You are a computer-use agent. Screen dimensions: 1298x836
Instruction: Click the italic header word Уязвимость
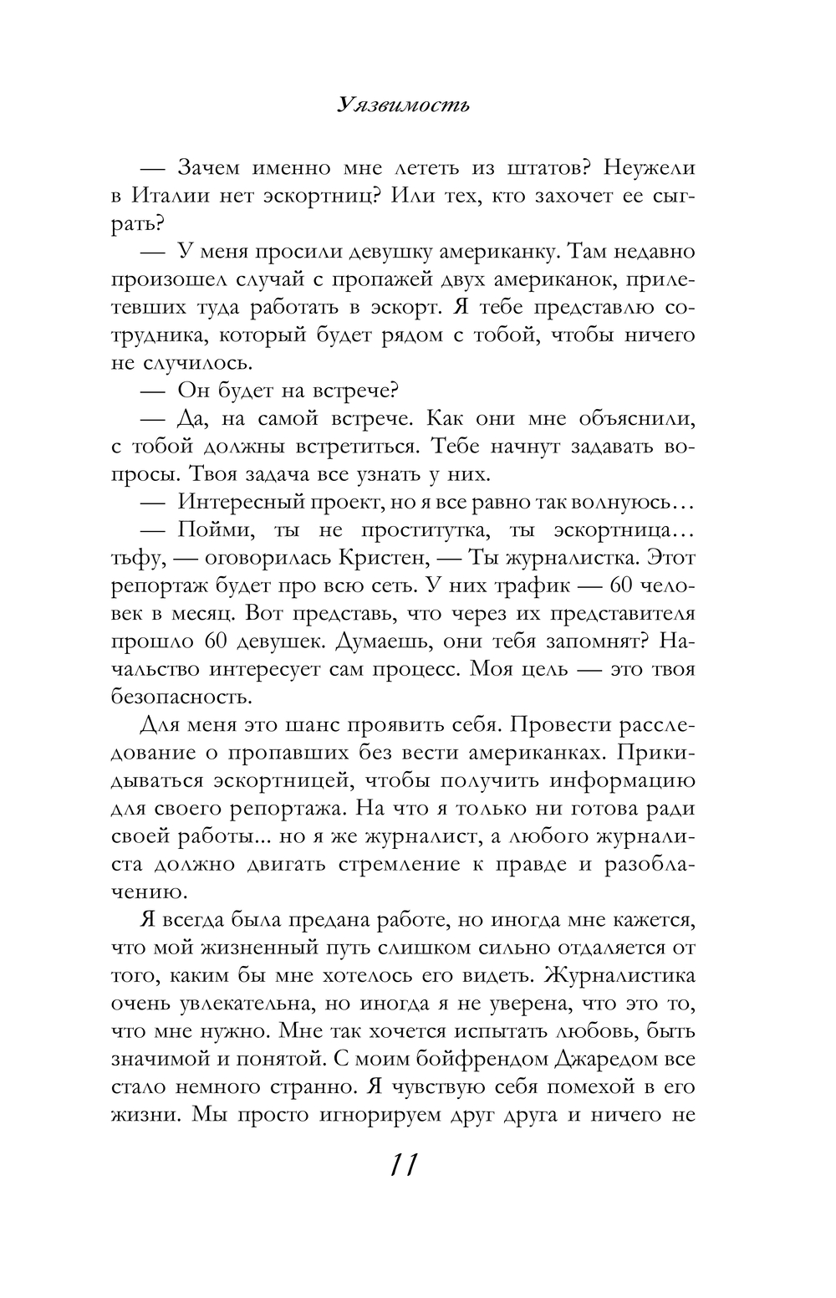[404, 105]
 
